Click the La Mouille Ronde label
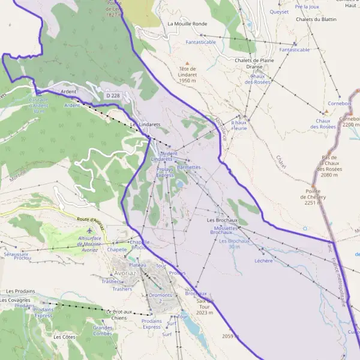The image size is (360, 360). pos(187,24)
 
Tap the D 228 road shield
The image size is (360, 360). pos(112,95)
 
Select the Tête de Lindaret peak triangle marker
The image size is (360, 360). pos(187,63)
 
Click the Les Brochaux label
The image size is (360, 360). pos(222,220)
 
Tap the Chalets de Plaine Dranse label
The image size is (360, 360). pos(254,64)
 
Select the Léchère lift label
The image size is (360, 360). pos(263,260)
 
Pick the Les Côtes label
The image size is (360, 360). pos(64,337)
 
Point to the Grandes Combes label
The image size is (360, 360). pos(103,331)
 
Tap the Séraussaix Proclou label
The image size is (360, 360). pos(17,256)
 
